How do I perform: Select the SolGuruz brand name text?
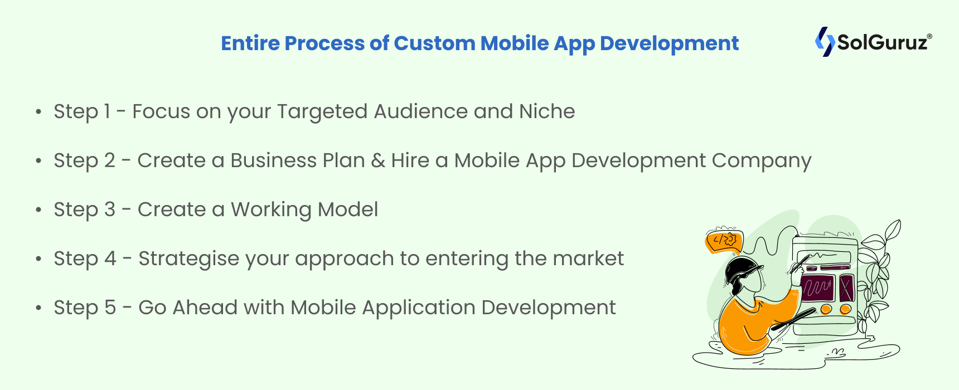pos(884,42)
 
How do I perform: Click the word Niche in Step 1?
pos(547,111)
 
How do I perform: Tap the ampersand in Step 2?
pos(378,160)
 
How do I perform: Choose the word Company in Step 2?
pos(762,161)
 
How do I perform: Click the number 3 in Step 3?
pos(109,209)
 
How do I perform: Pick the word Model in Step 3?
pos(348,209)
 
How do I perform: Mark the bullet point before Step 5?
pos(38,308)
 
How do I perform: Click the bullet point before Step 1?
pos(38,111)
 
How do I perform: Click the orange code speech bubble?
pos(724,241)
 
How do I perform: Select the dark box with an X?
pos(846,287)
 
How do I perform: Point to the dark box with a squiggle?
pos(817,287)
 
